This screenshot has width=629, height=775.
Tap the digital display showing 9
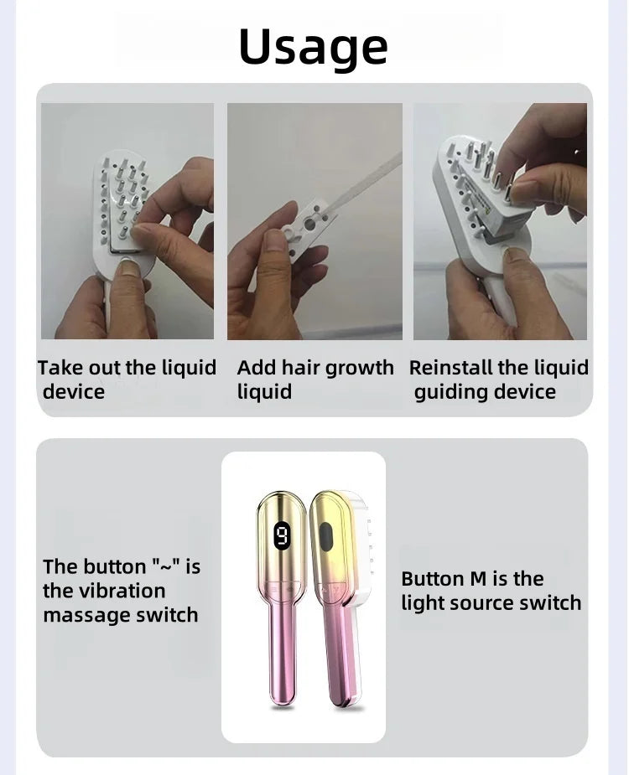pos(282,535)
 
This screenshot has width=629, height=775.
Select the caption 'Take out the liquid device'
pos(126,380)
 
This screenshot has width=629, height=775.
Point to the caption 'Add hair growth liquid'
pos(314,380)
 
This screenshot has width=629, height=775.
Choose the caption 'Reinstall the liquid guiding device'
pos(498,380)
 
